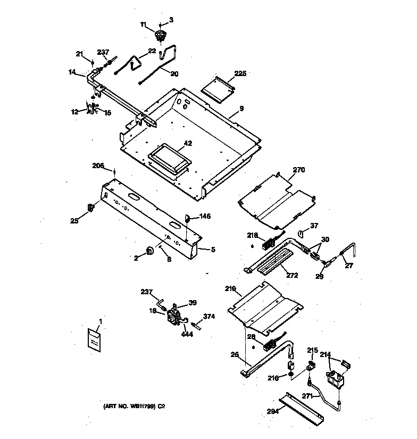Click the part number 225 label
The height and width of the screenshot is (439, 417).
pyautogui.click(x=240, y=74)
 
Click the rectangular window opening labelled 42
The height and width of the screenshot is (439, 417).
pyautogui.click(x=169, y=159)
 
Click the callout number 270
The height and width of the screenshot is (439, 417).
pyautogui.click(x=299, y=171)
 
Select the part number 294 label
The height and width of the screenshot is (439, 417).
pyautogui.click(x=272, y=411)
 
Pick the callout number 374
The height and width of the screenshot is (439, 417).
pyautogui.click(x=209, y=316)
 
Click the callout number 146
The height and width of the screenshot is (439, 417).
pyautogui.click(x=205, y=217)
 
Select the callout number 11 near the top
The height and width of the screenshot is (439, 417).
pyautogui.click(x=143, y=24)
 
